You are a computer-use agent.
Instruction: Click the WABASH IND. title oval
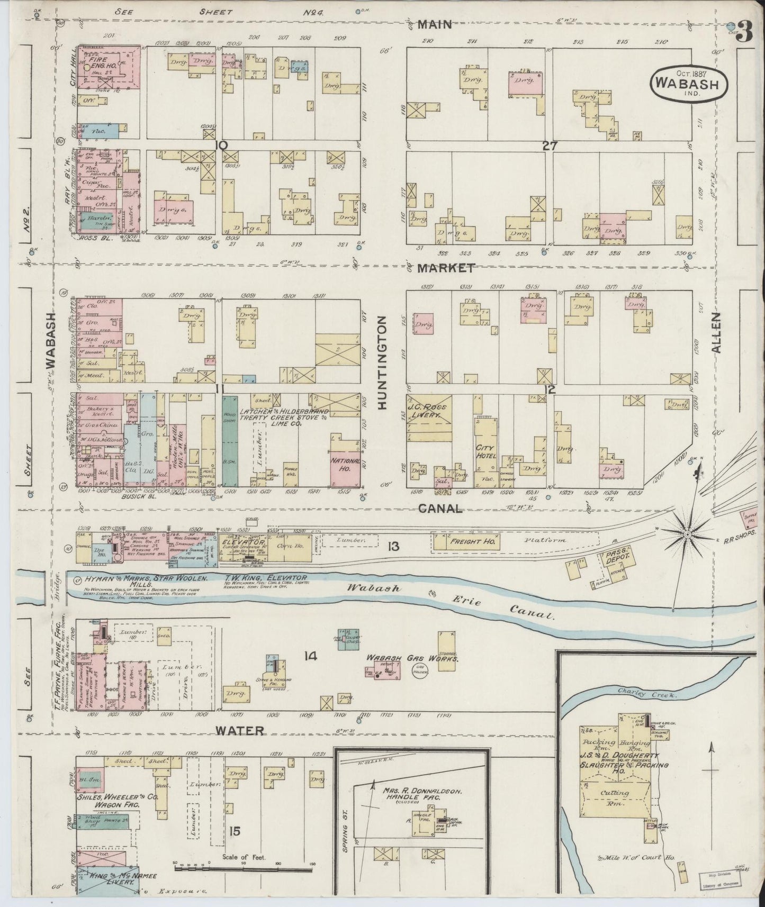(x=689, y=83)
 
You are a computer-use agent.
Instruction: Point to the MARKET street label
(x=446, y=268)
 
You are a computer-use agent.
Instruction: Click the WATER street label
(x=239, y=730)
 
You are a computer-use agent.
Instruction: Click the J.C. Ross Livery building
(x=429, y=412)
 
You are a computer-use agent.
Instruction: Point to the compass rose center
(x=687, y=535)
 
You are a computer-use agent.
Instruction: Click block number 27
(x=550, y=147)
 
